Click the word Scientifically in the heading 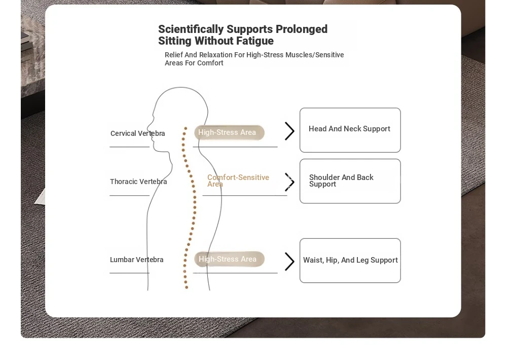pos(191,29)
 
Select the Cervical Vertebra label pos(137,134)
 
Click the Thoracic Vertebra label pos(138,182)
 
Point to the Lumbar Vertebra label pos(136,260)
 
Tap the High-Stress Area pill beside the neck pos(229,132)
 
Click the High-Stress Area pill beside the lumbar pos(229,259)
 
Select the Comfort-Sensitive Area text pos(238,181)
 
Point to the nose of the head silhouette pos(148,127)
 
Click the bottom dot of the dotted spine pos(187,287)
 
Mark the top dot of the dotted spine pos(186,128)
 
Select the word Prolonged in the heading pos(302,29)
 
